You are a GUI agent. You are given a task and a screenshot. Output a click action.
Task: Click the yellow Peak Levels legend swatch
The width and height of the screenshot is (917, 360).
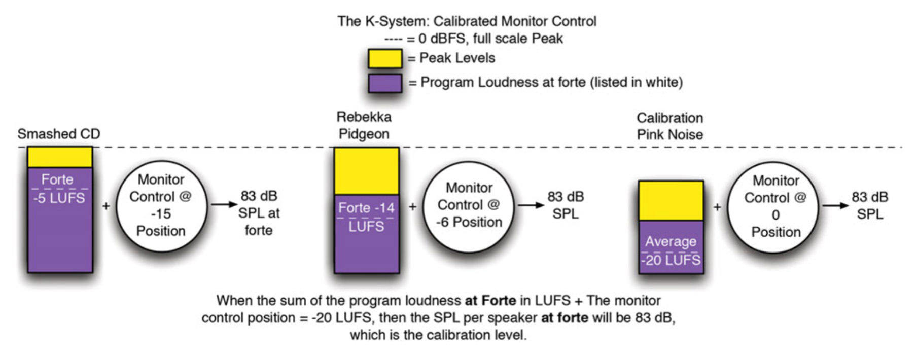(x=385, y=59)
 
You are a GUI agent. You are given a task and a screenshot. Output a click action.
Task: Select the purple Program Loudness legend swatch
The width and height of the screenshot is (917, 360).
(x=385, y=83)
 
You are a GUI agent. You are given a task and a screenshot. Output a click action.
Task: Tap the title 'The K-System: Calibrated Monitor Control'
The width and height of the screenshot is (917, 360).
(x=467, y=21)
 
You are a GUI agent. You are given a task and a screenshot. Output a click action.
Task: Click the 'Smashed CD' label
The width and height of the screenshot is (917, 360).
(x=59, y=134)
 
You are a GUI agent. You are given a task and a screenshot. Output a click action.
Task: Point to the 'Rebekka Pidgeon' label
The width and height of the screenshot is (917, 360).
(x=364, y=125)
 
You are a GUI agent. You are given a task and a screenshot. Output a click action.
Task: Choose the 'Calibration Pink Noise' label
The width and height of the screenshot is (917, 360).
(x=669, y=126)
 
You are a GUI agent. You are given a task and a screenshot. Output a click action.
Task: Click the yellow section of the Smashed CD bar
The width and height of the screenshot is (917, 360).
(x=60, y=157)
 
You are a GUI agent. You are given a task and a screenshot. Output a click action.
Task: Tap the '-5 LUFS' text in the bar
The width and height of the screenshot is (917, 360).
(x=59, y=198)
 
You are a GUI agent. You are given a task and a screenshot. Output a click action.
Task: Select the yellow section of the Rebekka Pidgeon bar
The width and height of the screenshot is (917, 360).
(x=366, y=171)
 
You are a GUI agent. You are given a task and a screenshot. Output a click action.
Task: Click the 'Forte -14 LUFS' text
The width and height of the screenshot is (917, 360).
(x=366, y=217)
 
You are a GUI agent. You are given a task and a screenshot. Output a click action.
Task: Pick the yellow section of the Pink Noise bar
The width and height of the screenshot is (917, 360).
(x=671, y=201)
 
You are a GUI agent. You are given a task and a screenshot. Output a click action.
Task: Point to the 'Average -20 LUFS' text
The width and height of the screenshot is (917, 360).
(x=671, y=250)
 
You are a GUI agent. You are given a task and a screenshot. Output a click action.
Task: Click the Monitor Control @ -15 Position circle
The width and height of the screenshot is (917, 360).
(x=161, y=205)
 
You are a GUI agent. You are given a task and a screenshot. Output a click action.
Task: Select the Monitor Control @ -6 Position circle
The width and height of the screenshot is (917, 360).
(x=469, y=205)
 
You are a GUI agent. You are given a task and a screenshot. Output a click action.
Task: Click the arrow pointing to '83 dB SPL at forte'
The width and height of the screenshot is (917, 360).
(x=224, y=204)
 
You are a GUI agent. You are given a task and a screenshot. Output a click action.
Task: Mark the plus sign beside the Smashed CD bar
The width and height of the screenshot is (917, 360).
(x=106, y=206)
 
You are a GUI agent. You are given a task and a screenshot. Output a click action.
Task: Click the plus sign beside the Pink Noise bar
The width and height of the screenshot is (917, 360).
(x=717, y=206)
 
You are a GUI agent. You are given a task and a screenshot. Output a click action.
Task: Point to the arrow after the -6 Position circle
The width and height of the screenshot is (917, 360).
(x=531, y=205)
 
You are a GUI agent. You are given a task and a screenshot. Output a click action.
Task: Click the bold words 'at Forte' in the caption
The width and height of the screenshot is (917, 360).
(x=490, y=301)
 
